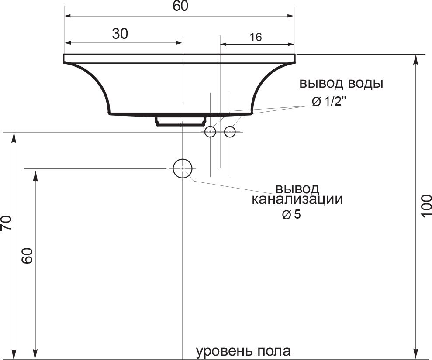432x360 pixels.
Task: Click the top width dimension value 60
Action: tap(180, 6)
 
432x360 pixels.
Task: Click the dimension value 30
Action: tap(120, 34)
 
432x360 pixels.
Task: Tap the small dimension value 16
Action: tap(256, 37)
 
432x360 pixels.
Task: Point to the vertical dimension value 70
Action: tap(6, 223)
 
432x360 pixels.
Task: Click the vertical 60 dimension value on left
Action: tap(28, 256)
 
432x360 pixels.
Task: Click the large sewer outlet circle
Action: tap(183, 168)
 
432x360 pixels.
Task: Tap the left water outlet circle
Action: tap(210, 132)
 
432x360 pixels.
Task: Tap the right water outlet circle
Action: tap(230, 132)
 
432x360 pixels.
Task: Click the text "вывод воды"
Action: tap(341, 83)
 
